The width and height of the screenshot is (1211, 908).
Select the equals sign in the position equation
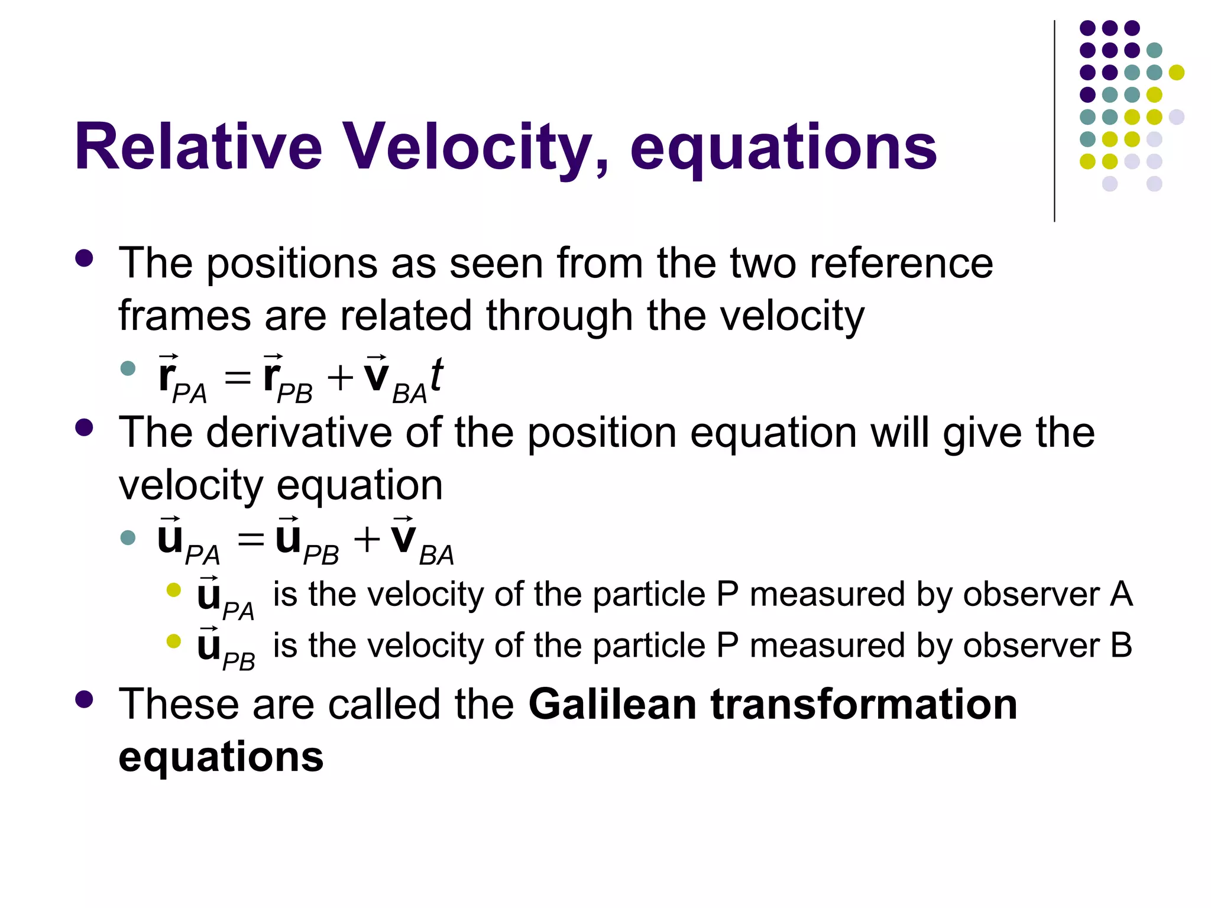(238, 377)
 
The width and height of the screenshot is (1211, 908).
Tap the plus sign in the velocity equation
(367, 539)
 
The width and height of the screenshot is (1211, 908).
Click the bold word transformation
(863, 705)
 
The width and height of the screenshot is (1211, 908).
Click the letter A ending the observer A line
(1121, 594)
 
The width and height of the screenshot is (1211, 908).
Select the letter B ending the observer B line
(1121, 646)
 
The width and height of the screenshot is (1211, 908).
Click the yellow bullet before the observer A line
(173, 590)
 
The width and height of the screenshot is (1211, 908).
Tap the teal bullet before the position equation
(128, 369)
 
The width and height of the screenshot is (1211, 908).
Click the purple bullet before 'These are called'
(85, 699)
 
